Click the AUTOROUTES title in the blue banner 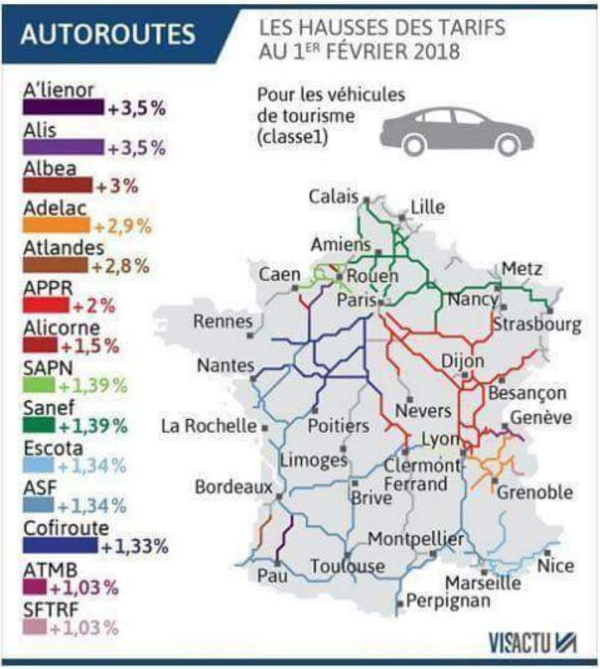click(108, 34)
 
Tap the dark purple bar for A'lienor click(63, 107)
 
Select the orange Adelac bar click(56, 225)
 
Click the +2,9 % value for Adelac click(123, 226)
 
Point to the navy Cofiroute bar click(60, 545)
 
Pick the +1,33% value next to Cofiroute click(134, 546)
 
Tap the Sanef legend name click(49, 408)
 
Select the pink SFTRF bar click(34, 628)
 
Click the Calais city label click(333, 197)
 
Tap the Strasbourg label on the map click(537, 324)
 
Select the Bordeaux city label click(233, 487)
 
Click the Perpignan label click(448, 601)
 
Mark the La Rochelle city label click(209, 426)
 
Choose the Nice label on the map click(555, 566)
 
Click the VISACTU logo click(532, 642)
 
